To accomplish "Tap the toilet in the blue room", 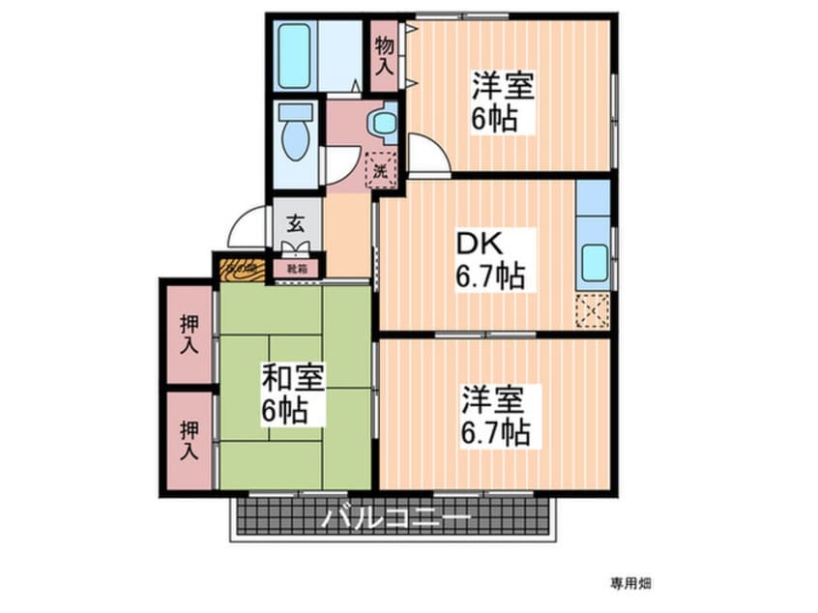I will [x=295, y=135].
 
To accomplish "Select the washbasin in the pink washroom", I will [x=384, y=123].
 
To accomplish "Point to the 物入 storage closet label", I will [x=385, y=55].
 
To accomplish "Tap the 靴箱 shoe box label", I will [x=297, y=269].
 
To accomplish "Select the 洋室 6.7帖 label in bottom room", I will [x=493, y=414].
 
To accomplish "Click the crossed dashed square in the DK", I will [x=592, y=310].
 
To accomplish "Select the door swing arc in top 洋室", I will [x=425, y=155].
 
